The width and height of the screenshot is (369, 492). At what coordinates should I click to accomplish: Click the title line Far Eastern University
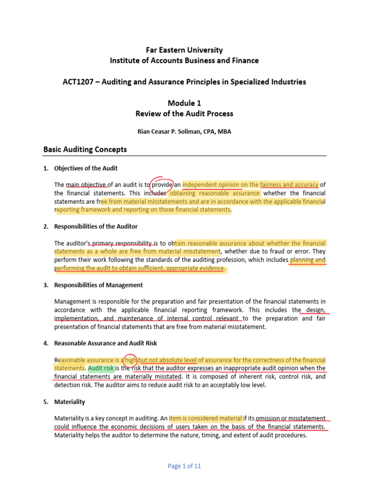point(184,50)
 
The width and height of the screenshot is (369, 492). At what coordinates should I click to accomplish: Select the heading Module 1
point(184,103)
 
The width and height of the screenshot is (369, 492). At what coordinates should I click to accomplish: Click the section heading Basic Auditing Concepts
point(85,149)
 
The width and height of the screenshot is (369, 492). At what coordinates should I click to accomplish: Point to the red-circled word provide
point(162,184)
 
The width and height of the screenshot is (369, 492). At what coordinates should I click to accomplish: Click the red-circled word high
point(130,360)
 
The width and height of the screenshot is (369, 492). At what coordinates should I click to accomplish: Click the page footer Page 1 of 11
point(184,466)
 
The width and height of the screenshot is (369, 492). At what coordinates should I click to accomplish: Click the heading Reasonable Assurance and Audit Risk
point(106,343)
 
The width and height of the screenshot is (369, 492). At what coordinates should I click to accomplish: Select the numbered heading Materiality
point(70,402)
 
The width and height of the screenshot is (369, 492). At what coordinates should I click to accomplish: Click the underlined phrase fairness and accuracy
point(289,184)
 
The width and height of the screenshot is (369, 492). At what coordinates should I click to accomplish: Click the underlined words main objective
point(86,184)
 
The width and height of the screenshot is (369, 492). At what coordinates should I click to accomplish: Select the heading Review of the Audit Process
point(184,113)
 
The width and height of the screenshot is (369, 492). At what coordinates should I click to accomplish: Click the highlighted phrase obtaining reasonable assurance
point(215,193)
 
